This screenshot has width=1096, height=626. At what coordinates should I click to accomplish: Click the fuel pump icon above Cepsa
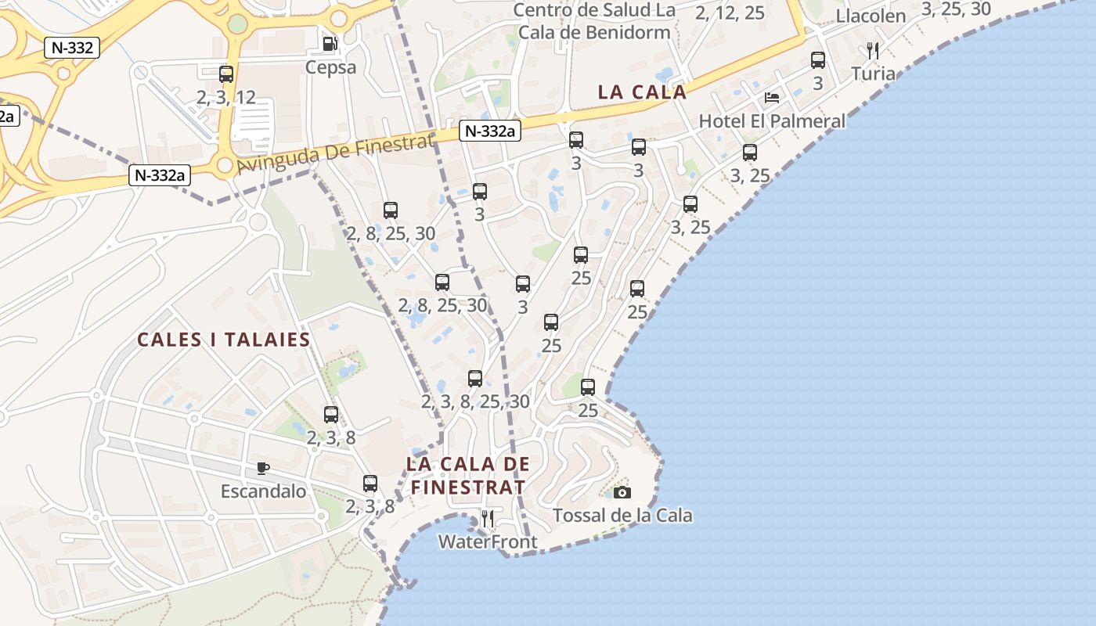click(330, 44)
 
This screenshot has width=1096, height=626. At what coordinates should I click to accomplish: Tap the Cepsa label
click(330, 67)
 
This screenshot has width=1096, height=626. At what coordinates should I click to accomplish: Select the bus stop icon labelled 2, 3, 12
click(226, 74)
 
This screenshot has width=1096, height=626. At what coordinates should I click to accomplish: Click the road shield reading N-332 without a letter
click(72, 48)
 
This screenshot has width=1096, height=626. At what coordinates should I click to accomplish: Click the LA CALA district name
click(642, 92)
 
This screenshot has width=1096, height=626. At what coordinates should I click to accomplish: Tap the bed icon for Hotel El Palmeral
click(772, 98)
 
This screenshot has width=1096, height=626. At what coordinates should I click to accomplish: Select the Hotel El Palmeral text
click(772, 121)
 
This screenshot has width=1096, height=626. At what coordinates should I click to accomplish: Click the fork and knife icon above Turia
click(873, 52)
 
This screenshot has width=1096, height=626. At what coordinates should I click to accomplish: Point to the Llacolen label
click(871, 16)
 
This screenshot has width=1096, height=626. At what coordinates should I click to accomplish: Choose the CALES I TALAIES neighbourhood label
click(224, 340)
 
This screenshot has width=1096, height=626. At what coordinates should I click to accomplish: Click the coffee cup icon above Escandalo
click(263, 469)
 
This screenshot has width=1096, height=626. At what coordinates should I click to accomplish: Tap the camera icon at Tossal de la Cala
click(622, 492)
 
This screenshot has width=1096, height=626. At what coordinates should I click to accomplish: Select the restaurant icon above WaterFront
click(487, 518)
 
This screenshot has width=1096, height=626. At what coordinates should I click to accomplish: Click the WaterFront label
click(488, 541)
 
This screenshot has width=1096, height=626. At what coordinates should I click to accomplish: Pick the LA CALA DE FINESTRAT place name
click(467, 475)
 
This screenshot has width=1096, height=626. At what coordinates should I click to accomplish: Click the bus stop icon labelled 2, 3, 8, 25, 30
click(475, 379)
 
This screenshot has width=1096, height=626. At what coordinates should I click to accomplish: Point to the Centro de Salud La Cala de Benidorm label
click(594, 21)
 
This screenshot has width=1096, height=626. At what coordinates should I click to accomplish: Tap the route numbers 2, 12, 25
click(730, 13)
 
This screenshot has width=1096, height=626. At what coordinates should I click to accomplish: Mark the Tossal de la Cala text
click(622, 516)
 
